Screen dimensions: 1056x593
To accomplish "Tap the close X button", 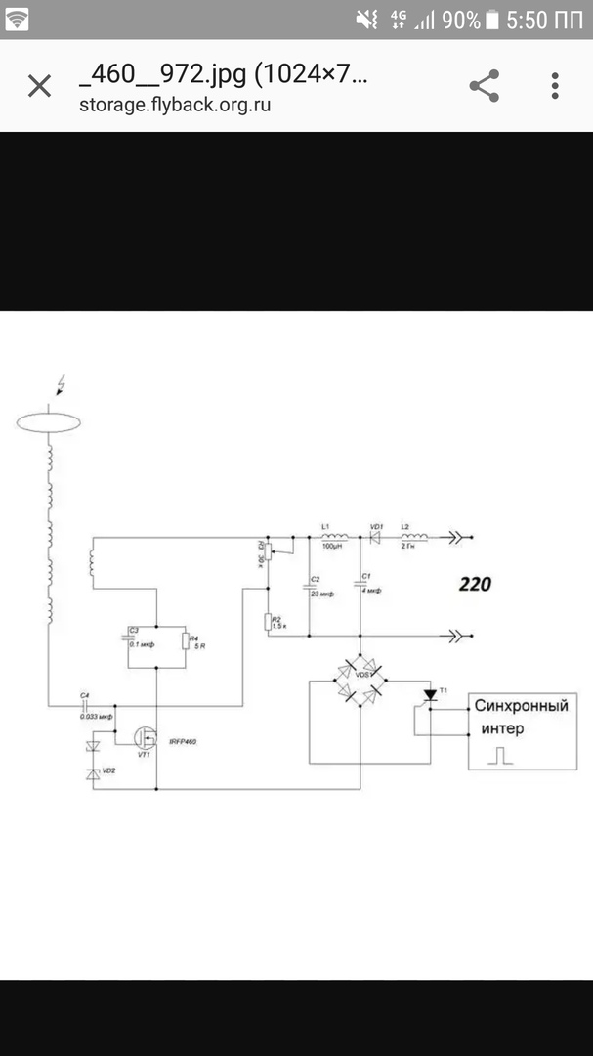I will (39, 86).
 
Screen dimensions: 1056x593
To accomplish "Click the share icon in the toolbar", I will (485, 86).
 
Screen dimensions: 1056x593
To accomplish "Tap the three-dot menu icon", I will (555, 86).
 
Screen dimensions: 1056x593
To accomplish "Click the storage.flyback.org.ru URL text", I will (175, 105).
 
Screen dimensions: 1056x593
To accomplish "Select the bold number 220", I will (476, 585).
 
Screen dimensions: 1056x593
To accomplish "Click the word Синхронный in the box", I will (521, 705).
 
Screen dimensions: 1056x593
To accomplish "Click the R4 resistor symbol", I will (185, 640).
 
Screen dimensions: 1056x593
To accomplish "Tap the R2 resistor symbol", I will (267, 621).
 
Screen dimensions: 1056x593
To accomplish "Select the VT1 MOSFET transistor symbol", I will (148, 736).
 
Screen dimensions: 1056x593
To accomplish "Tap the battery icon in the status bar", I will (492, 20).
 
